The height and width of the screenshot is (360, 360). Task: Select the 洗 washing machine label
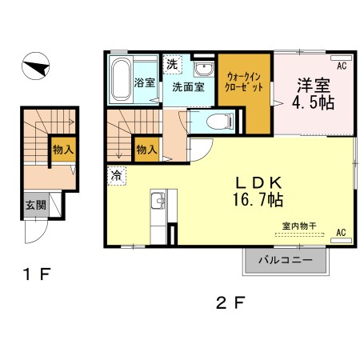(172, 63)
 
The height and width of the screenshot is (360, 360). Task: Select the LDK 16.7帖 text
(257, 190)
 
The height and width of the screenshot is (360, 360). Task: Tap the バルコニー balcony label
(286, 260)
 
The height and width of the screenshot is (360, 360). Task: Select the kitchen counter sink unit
(158, 210)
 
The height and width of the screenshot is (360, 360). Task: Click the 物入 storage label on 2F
(146, 149)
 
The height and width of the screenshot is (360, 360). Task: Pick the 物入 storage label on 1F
(62, 149)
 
